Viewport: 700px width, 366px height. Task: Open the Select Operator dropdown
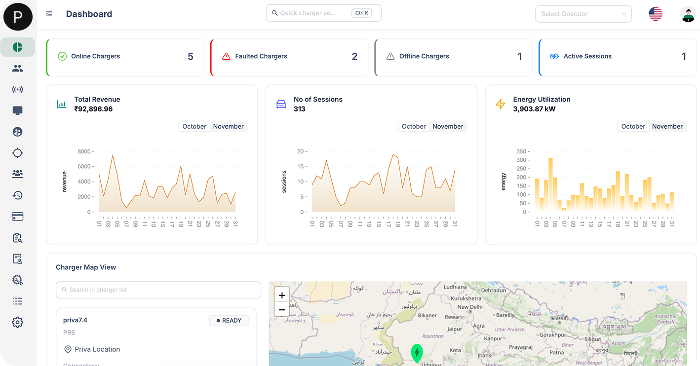coord(583,14)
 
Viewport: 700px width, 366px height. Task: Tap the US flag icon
coord(655,14)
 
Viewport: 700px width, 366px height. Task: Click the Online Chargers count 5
coord(191,57)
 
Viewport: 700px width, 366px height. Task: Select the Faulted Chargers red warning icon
coord(226,56)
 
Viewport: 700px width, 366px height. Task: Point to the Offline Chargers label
coord(424,56)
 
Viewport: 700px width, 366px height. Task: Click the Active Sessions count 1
coord(684,57)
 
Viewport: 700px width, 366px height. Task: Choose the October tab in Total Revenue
coord(194,127)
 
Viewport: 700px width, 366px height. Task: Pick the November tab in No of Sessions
coord(448,127)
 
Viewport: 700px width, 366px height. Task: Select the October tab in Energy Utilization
coord(633,127)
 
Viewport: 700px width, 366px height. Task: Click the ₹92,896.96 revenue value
coord(93,109)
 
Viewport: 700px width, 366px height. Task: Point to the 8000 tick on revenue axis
coord(84,151)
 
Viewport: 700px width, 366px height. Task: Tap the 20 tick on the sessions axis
coord(300,151)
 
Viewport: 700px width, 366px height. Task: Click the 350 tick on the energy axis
coord(521,151)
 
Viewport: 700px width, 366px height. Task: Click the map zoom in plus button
coord(282,295)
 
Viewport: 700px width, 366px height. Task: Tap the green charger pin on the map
coord(417,353)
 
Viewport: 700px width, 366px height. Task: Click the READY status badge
coord(229,321)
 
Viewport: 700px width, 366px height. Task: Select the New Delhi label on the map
coord(469,307)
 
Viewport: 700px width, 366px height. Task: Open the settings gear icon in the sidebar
coord(18,323)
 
